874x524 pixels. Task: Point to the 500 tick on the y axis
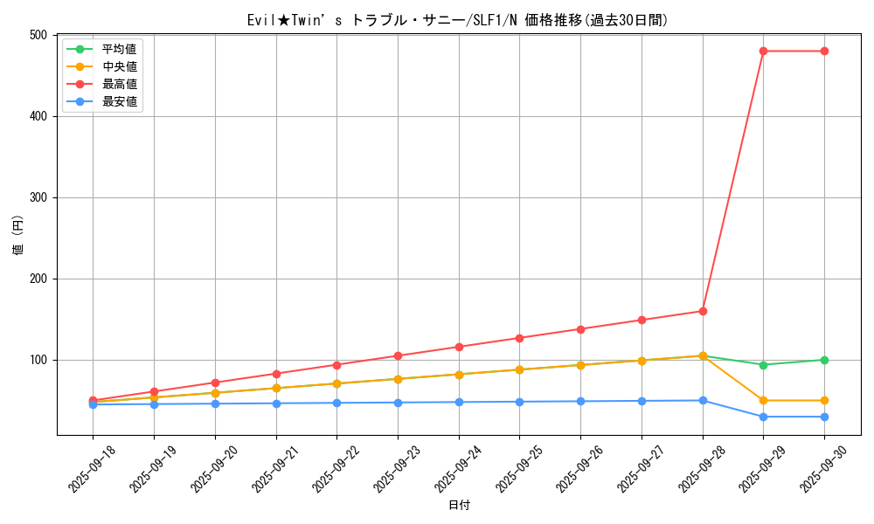click(x=38, y=35)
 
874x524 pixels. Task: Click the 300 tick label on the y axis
click(x=38, y=197)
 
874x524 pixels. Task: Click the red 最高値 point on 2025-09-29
click(x=763, y=52)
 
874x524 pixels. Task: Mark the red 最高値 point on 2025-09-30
click(x=824, y=52)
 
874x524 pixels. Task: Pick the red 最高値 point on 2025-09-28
click(x=703, y=311)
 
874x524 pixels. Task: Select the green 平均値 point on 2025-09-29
click(x=763, y=365)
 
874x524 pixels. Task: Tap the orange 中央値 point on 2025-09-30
click(x=824, y=401)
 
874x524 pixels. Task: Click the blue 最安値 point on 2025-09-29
click(x=763, y=417)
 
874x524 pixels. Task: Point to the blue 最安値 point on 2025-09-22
click(x=336, y=403)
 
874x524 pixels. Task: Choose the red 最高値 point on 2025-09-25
click(x=519, y=338)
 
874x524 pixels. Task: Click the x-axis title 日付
click(x=459, y=506)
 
